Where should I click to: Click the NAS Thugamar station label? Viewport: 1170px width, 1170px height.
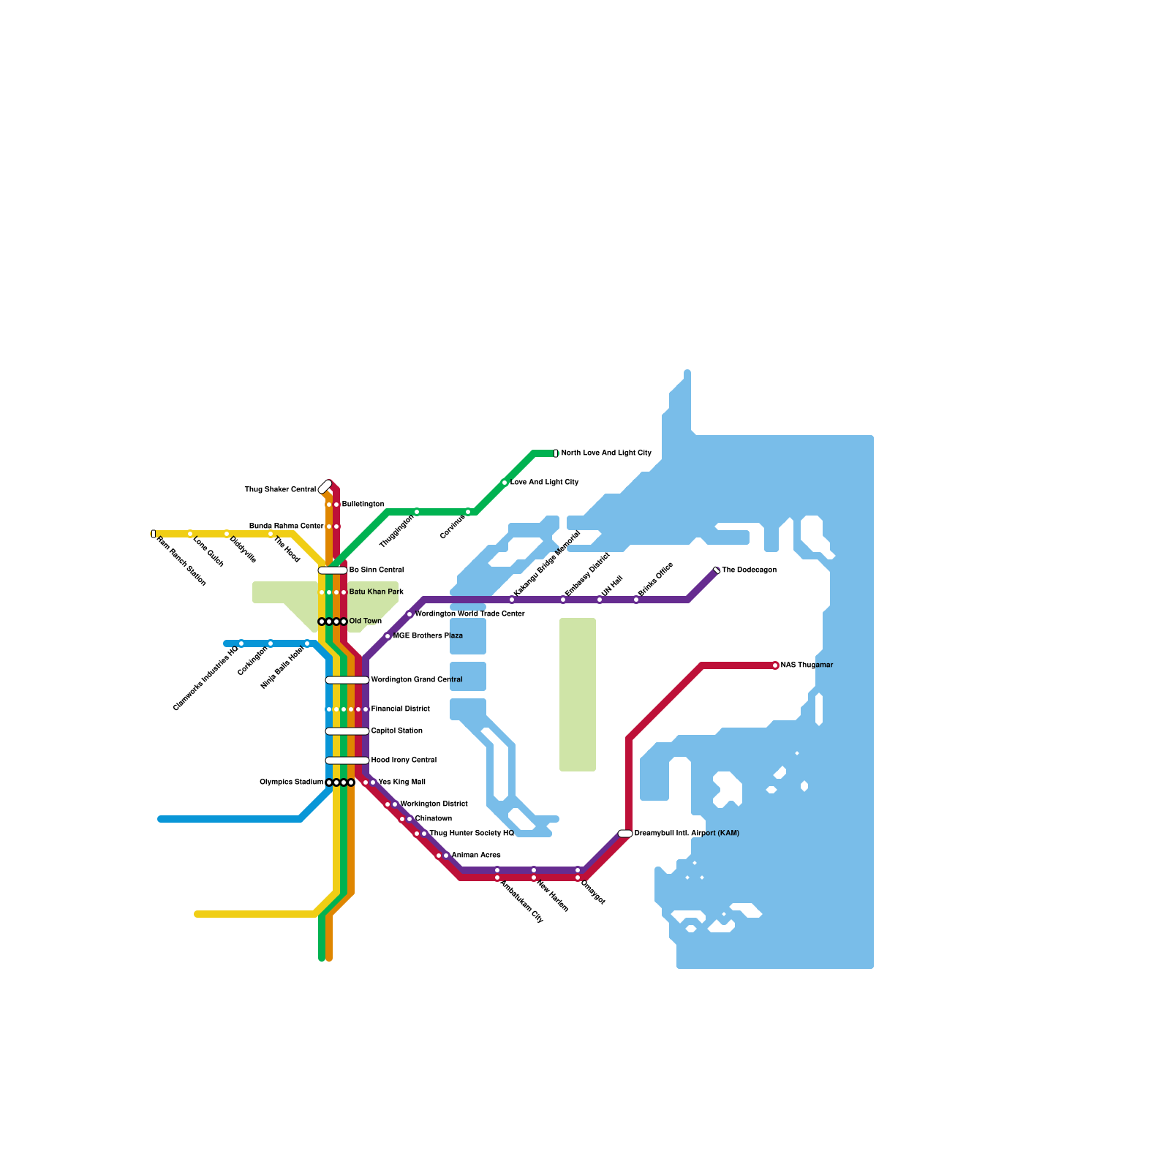(807, 665)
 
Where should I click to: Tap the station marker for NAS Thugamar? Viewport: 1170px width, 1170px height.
(775, 665)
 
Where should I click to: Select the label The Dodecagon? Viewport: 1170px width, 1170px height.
(749, 570)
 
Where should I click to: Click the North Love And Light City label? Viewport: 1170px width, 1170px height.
(605, 453)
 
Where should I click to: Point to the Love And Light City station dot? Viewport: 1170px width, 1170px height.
(505, 483)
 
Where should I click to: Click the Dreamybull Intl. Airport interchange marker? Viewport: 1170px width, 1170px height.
(625, 834)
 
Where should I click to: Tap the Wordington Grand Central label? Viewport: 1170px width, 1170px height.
(417, 680)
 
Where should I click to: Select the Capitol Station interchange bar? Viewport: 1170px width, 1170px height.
(347, 731)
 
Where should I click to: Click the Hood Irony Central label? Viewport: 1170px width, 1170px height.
(404, 760)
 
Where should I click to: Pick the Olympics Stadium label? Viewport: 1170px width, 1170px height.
(291, 782)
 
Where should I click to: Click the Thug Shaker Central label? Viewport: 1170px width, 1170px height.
(280, 490)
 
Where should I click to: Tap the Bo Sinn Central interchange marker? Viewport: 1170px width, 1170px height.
(333, 570)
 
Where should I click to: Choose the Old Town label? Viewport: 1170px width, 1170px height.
(365, 622)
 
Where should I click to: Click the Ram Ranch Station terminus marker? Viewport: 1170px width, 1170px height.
(154, 534)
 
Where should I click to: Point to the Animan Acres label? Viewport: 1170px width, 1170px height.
(476, 856)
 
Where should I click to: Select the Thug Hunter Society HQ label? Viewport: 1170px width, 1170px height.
(472, 834)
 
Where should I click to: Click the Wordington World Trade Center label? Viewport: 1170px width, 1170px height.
(469, 614)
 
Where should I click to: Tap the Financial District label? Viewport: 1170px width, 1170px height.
(400, 709)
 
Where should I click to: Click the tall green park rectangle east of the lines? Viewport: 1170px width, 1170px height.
(578, 695)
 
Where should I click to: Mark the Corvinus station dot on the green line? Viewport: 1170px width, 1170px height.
(468, 512)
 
